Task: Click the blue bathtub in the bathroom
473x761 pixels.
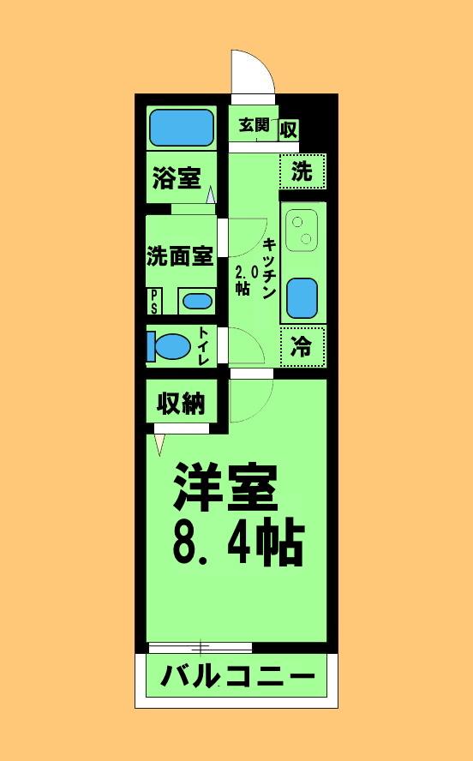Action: [x=182, y=128]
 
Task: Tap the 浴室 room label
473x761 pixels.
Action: [x=177, y=177]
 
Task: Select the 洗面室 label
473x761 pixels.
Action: [x=180, y=256]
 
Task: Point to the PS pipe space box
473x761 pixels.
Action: [x=154, y=302]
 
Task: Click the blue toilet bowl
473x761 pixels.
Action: [x=169, y=346]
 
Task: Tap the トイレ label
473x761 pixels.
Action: [x=204, y=346]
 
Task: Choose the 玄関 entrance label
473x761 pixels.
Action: [x=254, y=125]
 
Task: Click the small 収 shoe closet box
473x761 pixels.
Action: [x=289, y=130]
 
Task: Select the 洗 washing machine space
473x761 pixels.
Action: [x=302, y=171]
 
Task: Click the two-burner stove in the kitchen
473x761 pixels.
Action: [x=302, y=230]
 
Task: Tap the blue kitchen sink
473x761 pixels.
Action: [x=302, y=298]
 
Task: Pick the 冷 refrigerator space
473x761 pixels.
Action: [x=302, y=346]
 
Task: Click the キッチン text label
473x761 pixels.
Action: [x=269, y=268]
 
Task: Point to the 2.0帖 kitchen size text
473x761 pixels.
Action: [x=243, y=280]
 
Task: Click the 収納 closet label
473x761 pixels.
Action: [x=181, y=403]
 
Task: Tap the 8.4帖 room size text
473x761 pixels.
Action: [x=238, y=543]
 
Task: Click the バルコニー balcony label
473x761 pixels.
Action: [x=238, y=675]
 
